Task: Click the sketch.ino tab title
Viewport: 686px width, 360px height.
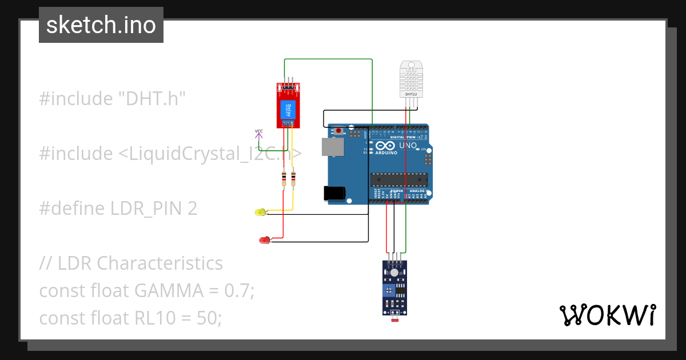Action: (x=101, y=25)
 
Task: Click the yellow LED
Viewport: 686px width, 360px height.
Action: (x=260, y=213)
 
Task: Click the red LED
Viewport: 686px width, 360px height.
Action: (x=264, y=241)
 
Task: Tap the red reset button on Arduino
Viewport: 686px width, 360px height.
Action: (x=338, y=131)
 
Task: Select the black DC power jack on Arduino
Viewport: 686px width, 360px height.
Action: (x=334, y=193)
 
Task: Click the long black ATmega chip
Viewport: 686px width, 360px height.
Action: (x=398, y=179)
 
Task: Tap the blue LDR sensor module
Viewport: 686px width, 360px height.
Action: (x=396, y=289)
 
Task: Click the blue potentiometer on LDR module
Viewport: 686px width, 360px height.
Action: (x=389, y=291)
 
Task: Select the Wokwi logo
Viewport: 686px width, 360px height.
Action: (x=607, y=315)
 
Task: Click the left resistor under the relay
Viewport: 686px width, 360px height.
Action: (x=284, y=179)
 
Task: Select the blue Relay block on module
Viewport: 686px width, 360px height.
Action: (x=289, y=110)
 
